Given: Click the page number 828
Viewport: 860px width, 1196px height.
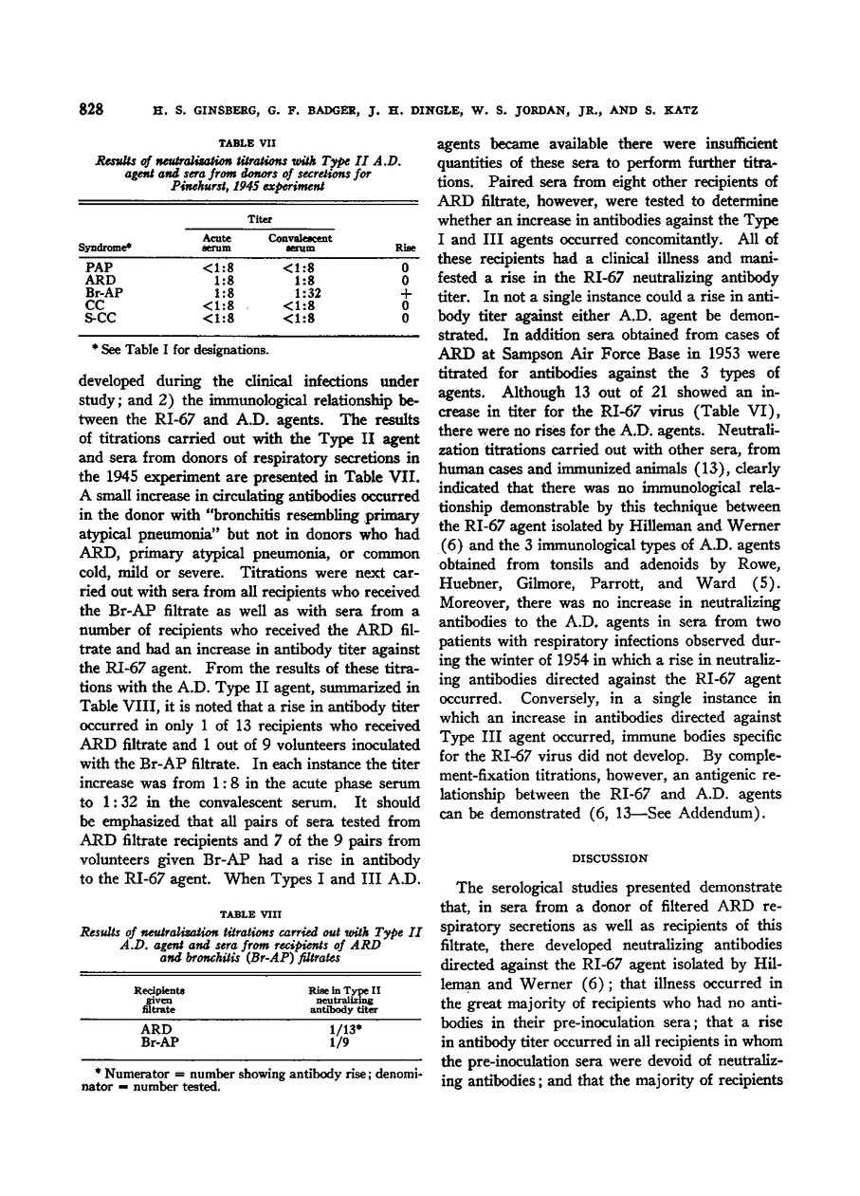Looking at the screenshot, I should [90, 109].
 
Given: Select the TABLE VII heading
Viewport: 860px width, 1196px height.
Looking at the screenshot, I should [245, 142].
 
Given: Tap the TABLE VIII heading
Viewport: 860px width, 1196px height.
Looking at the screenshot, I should [246, 914].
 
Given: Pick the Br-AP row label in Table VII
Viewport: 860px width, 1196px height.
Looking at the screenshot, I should [101, 294].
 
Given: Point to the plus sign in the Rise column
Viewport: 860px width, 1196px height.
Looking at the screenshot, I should [405, 294].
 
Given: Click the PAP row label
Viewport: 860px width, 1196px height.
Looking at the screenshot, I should [99, 268].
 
